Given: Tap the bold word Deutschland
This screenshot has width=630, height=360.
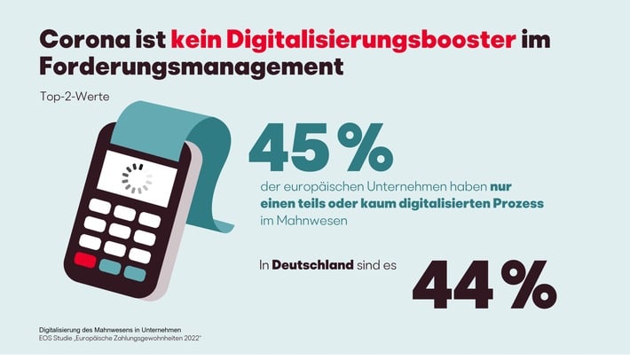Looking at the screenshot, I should tap(315, 265).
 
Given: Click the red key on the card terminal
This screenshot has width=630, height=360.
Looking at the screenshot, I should tap(85, 261).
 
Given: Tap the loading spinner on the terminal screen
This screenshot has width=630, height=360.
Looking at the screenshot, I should tap(137, 178).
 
